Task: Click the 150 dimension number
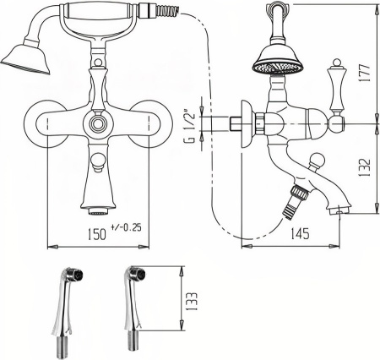point(97,234)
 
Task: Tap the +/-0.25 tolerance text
point(126,227)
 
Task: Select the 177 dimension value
point(365,73)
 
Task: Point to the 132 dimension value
point(365,167)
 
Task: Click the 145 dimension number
point(300,233)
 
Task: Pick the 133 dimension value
point(192,301)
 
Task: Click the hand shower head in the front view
point(26,57)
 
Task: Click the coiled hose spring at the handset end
point(168,11)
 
